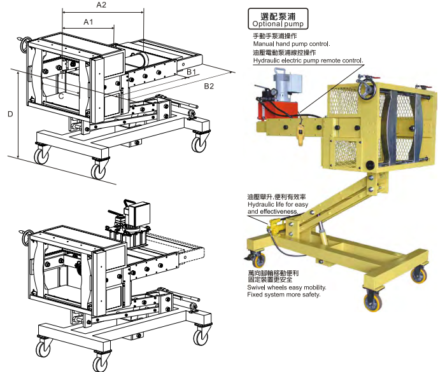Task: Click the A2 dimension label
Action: [x=101, y=5]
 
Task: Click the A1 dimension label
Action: [x=88, y=22]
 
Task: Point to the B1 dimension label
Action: [x=191, y=72]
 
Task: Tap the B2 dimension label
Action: [x=209, y=86]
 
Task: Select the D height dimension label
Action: [x=10, y=114]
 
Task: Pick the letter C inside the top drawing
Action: [x=61, y=97]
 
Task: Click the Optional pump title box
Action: [x=278, y=18]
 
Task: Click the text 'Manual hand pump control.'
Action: [x=292, y=44]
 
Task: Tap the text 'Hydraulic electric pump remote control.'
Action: [x=308, y=60]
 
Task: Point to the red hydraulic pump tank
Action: [x=278, y=110]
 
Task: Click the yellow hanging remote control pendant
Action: [x=300, y=134]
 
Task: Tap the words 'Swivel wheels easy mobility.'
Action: [x=286, y=287]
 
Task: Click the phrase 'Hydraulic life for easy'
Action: [x=278, y=204]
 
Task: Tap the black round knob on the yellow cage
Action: [x=370, y=165]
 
